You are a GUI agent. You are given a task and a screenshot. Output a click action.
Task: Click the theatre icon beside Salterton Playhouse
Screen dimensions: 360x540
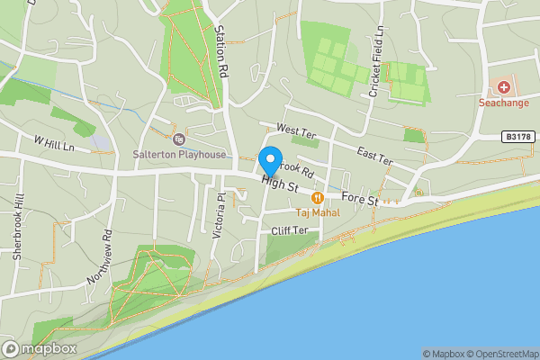(178, 139)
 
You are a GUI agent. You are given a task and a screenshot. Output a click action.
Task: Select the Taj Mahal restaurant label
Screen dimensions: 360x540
(316, 213)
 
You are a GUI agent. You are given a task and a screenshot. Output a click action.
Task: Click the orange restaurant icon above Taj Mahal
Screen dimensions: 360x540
(317, 198)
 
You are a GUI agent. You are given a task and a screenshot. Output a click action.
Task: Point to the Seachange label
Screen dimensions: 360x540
(504, 103)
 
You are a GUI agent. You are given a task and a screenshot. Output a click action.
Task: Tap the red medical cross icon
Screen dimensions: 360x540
(504, 87)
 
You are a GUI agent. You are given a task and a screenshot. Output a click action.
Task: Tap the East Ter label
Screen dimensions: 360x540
(374, 154)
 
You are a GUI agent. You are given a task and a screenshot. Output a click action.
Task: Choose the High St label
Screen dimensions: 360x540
(281, 184)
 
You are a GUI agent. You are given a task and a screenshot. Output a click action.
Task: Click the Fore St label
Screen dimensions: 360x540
(360, 200)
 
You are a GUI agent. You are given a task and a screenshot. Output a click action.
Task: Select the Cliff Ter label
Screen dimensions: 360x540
(290, 230)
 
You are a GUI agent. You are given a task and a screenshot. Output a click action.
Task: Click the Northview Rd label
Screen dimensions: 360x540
(98, 258)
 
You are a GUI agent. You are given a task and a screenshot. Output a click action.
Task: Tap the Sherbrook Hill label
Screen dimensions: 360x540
(17, 236)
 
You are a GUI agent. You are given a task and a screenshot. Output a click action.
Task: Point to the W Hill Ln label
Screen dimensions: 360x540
(54, 143)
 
